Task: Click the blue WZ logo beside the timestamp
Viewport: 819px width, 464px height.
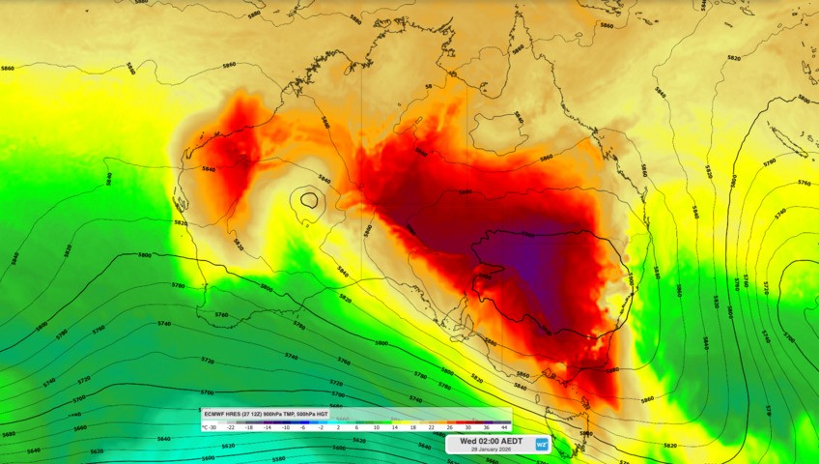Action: click(x=542, y=445)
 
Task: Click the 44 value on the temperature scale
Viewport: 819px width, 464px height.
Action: click(x=504, y=425)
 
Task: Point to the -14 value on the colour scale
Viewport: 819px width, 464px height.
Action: click(x=268, y=425)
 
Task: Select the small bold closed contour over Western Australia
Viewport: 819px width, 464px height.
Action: click(x=308, y=200)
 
